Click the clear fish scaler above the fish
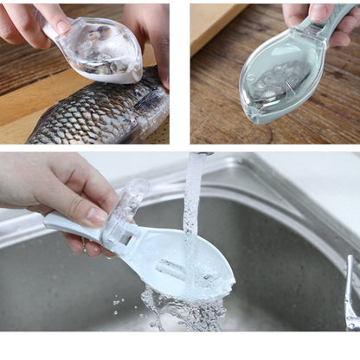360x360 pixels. pos(102,50)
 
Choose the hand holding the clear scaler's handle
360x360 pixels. pos(35,22)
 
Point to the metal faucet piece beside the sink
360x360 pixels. pos(350,294)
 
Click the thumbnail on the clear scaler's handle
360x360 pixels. pos(61,25)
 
